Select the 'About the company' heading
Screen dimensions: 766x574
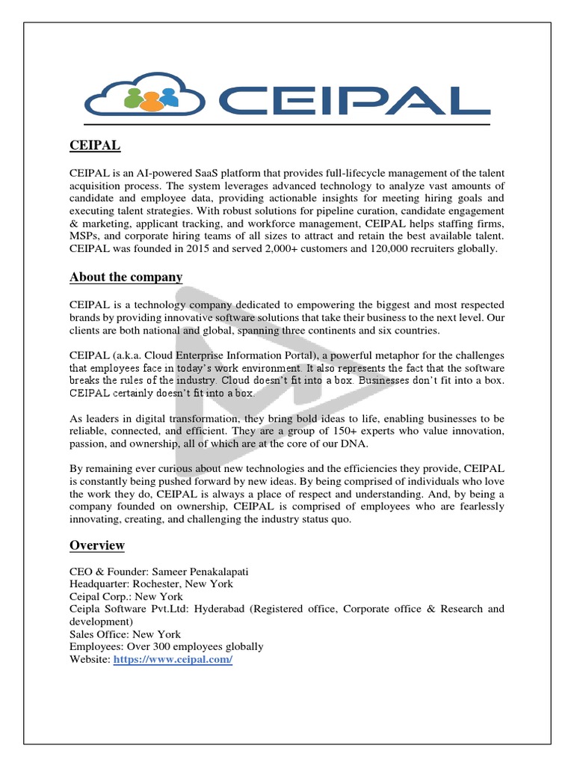(x=126, y=277)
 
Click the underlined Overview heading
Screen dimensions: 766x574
(x=97, y=545)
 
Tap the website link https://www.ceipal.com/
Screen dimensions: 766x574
(x=173, y=660)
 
